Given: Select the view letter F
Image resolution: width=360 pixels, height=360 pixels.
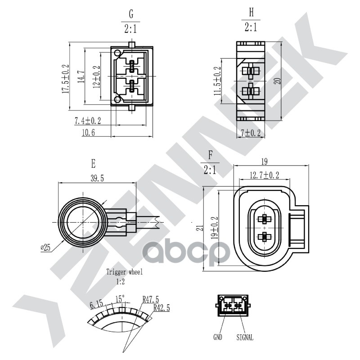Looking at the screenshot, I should (x=210, y=155).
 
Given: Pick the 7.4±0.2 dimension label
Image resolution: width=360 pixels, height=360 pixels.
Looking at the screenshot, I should (x=87, y=120).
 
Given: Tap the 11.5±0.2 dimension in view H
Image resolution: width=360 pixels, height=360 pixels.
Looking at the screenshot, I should (x=218, y=81).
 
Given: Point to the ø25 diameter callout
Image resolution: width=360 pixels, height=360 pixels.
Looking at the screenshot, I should (x=45, y=247).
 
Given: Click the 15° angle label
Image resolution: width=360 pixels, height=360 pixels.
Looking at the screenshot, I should (x=120, y=298).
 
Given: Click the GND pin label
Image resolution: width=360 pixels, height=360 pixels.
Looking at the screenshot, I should (x=218, y=337).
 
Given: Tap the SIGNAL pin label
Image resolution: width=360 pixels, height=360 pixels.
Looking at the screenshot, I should (x=244, y=337).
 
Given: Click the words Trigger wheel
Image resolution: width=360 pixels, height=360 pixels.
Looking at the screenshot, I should (x=125, y=272).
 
